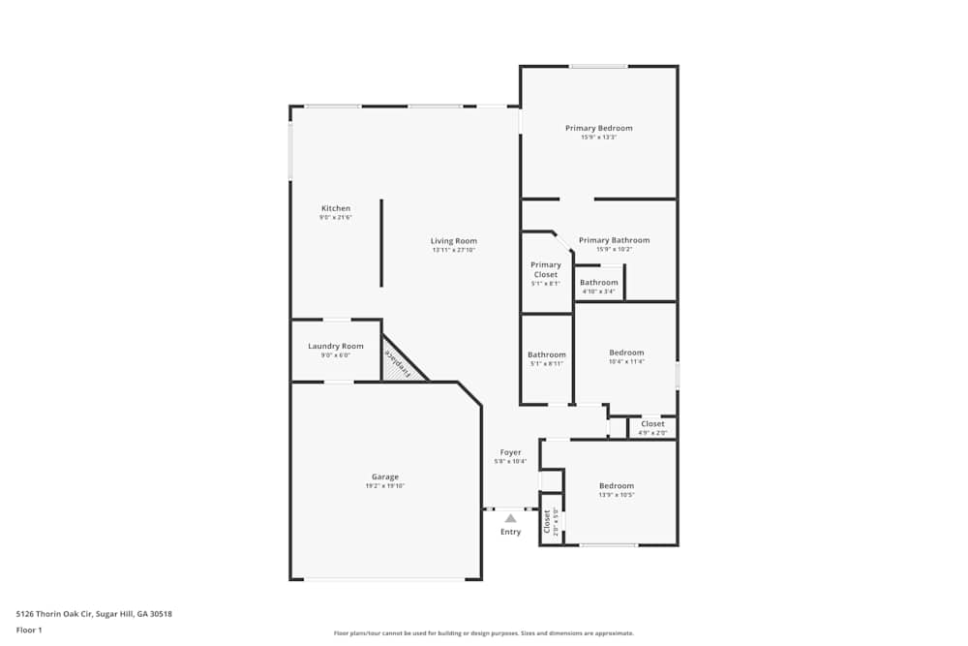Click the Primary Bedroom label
[598, 129]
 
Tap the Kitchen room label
[336, 209]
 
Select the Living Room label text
[454, 241]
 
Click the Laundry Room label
[336, 347]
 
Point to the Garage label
[385, 477]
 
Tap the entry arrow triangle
[510, 518]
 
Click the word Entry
[510, 532]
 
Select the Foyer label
[510, 452]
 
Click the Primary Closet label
[546, 270]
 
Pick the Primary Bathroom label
[614, 240]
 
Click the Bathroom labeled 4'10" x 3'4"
[599, 283]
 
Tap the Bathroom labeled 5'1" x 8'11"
[546, 354]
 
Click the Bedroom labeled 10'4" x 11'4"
[626, 353]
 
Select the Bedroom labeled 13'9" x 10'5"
[617, 486]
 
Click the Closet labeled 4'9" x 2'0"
[652, 424]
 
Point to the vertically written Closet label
[547, 522]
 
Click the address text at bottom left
[94, 613]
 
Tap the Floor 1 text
[29, 630]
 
